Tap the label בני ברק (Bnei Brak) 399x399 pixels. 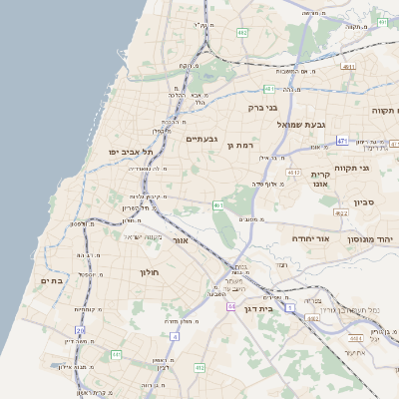pyautogui.click(x=262, y=106)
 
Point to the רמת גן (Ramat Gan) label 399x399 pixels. pyautogui.click(x=242, y=145)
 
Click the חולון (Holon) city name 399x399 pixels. pyautogui.click(x=136, y=271)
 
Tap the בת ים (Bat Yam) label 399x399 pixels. pyautogui.click(x=51, y=281)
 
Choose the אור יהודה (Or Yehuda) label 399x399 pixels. pyautogui.click(x=310, y=239)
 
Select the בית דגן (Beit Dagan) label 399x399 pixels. pyautogui.click(x=256, y=308)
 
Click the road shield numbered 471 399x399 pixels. pyautogui.click(x=342, y=141)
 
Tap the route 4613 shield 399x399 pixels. pyautogui.click(x=293, y=173)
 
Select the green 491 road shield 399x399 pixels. pyautogui.click(x=217, y=204)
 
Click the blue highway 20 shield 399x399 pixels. pyautogui.click(x=80, y=329)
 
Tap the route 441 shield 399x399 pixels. pyautogui.click(x=116, y=354)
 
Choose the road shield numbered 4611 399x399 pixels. pyautogui.click(x=347, y=67)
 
